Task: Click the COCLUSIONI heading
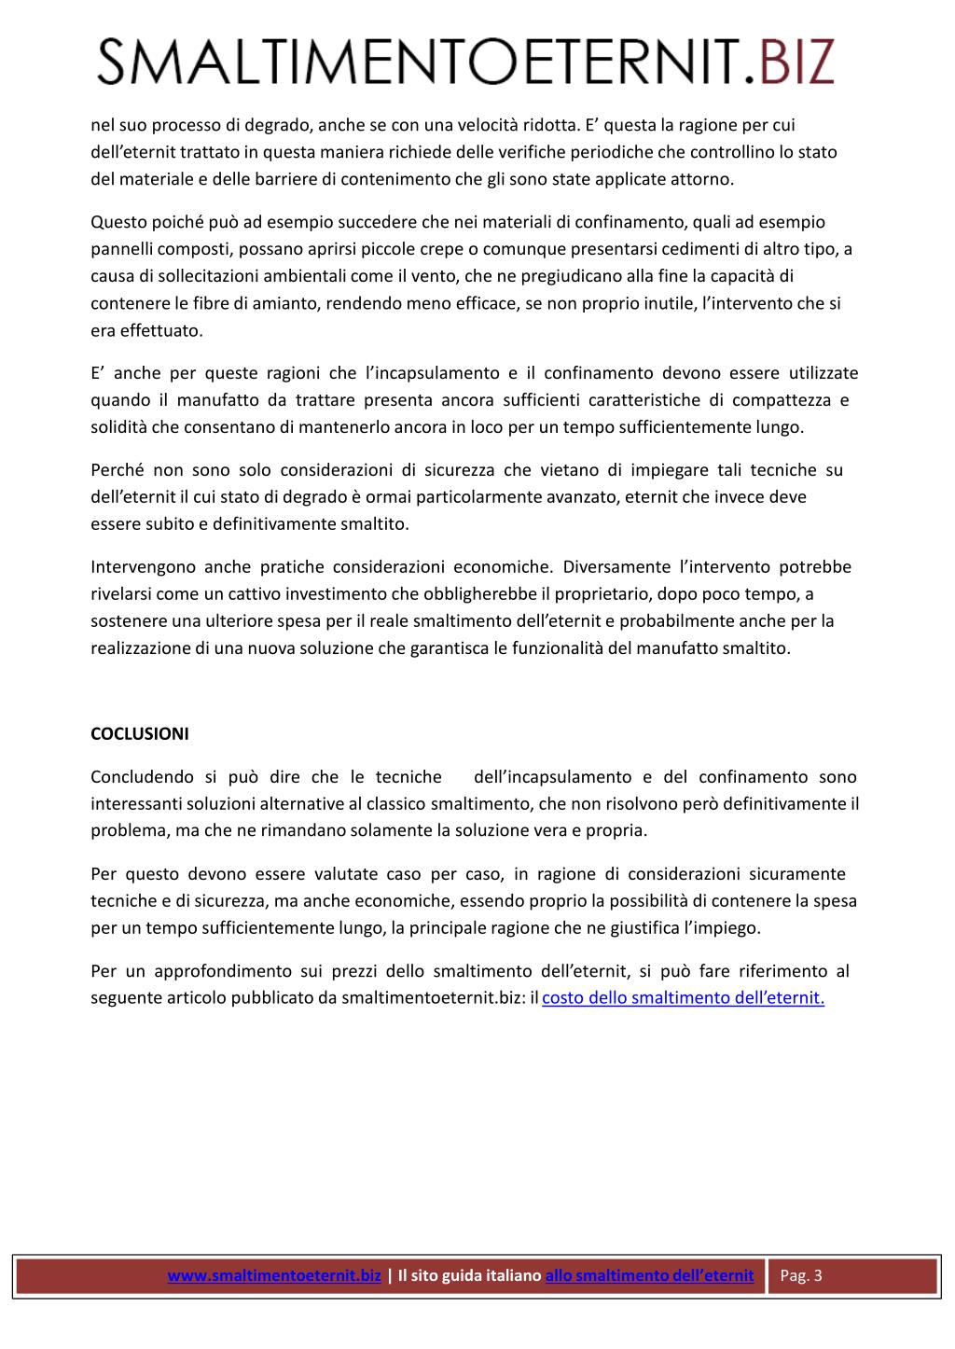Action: pos(139,733)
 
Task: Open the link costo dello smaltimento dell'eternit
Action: pos(683,997)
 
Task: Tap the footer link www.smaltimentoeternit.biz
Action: pos(274,1275)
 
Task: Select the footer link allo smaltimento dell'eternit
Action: pos(649,1275)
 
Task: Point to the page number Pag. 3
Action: pos(801,1275)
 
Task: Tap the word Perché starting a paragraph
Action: pos(117,469)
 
